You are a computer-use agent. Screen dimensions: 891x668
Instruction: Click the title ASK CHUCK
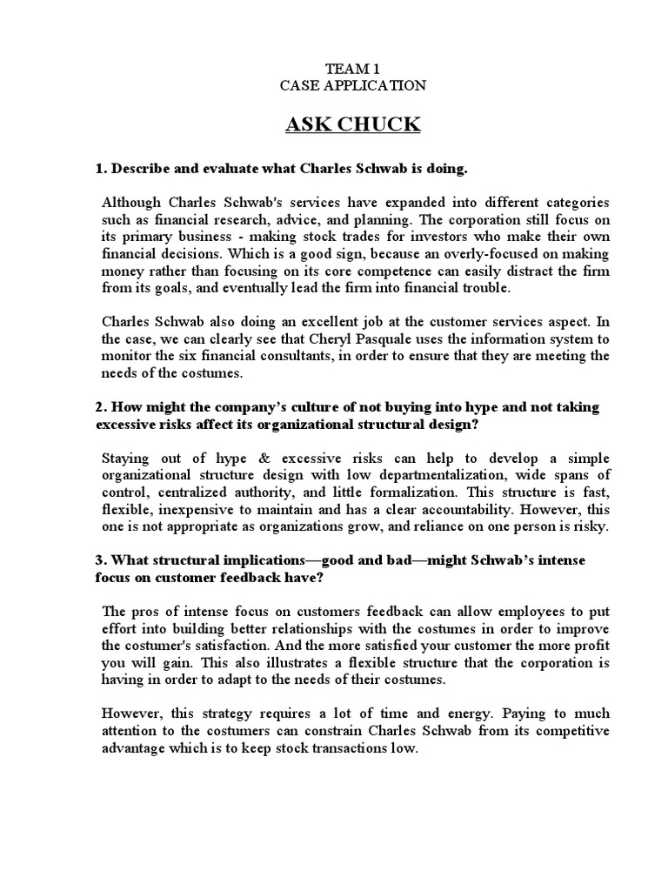click(x=353, y=125)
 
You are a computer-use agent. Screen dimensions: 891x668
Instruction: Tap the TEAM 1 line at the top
click(x=352, y=68)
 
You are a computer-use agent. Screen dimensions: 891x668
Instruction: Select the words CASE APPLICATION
click(x=352, y=85)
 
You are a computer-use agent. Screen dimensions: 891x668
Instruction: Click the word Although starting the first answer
click(x=132, y=202)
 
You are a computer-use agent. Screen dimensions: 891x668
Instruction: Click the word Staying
click(x=128, y=458)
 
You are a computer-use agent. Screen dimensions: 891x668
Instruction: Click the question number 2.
click(x=100, y=407)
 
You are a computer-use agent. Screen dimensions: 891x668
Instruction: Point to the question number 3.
click(x=100, y=560)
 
